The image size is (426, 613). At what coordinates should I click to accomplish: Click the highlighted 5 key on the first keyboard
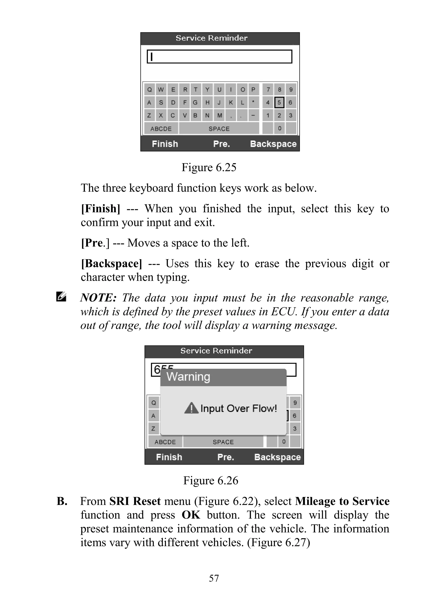(279, 102)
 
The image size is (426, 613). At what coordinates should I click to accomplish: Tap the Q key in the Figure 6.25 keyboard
(150, 90)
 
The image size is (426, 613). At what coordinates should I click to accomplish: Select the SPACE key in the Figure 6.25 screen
(219, 129)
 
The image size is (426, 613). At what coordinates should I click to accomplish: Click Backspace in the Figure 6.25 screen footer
(273, 144)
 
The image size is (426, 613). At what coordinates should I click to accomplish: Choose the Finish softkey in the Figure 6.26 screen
(169, 457)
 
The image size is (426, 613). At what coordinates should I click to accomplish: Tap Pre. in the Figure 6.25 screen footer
(222, 144)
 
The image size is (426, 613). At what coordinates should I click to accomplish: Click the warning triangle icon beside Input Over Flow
(191, 408)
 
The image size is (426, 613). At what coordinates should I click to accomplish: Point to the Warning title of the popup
(188, 377)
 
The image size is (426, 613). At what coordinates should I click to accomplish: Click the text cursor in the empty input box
(152, 57)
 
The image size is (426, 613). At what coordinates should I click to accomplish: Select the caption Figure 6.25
(209, 168)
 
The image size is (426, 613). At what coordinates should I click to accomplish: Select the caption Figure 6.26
(211, 480)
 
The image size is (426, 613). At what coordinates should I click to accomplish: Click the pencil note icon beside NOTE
(61, 297)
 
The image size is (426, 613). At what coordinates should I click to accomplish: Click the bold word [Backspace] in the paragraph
(111, 264)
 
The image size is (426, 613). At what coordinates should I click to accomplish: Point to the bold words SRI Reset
(135, 501)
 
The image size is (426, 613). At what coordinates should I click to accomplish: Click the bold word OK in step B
(191, 515)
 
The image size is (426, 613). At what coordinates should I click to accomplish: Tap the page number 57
(214, 578)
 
